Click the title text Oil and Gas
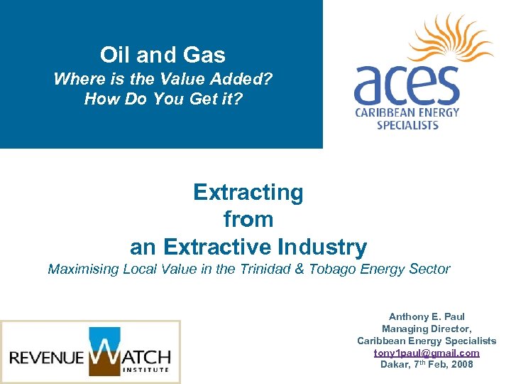click(163, 55)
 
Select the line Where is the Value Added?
click(163, 79)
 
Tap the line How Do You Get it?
click(163, 99)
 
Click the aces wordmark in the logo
click(407, 85)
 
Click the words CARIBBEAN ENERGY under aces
click(407, 112)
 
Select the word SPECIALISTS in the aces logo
click(407, 125)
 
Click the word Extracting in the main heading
click(248, 192)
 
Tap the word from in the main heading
click(248, 219)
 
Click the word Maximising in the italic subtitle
click(83, 270)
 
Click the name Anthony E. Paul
click(427, 316)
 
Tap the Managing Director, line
click(427, 329)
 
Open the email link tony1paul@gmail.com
click(427, 353)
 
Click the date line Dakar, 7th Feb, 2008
click(427, 365)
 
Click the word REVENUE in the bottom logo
click(47, 356)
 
